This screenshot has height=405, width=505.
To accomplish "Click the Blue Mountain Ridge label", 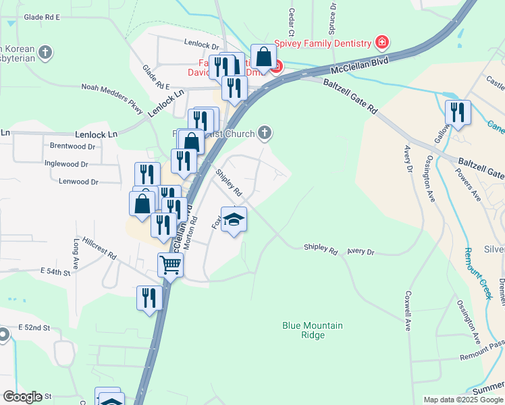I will coord(312,330).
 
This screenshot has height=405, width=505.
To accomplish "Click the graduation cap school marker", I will coord(234,221).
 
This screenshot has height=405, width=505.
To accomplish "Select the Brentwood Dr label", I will coord(73,146).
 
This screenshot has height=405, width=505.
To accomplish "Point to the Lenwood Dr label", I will coord(78,182).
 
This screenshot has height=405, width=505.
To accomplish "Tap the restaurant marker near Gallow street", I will coord(458,113).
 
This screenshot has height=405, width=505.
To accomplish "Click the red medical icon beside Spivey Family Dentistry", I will coord(381,43).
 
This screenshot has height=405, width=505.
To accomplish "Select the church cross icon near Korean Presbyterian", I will coord(45,53).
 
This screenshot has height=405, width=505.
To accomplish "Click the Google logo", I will coord(22,397).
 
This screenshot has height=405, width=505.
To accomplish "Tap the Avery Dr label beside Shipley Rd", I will coord(361,252).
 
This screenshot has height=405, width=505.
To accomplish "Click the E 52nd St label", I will coord(34,327).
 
